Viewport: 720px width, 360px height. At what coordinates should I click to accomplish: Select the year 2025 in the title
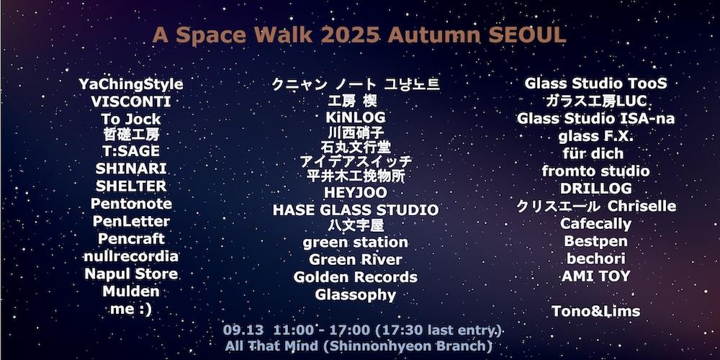tap(351, 35)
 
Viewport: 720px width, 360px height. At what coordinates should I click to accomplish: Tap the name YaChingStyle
tap(131, 85)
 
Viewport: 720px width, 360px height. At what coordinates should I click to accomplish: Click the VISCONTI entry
tap(131, 102)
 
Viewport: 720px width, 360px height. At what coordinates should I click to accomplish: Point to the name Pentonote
tap(131, 204)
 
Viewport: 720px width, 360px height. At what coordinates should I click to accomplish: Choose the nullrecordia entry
tap(131, 256)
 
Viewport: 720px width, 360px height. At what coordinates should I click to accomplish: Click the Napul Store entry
tap(131, 274)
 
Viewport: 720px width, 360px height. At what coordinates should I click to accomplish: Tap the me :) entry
tap(131, 309)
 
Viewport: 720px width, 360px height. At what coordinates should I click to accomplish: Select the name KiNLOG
tap(356, 117)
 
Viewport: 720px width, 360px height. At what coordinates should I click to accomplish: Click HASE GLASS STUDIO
tap(356, 210)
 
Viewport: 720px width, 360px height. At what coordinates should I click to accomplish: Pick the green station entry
tap(356, 242)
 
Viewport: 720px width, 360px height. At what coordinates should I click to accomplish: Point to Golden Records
tap(356, 277)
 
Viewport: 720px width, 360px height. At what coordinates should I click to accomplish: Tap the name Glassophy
tap(356, 294)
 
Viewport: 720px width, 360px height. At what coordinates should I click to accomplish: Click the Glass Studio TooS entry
tap(595, 83)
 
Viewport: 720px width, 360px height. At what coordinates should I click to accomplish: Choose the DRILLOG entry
tap(595, 188)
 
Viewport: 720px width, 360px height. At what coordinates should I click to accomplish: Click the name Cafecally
tap(595, 224)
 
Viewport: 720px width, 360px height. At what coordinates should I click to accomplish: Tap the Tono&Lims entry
tap(595, 311)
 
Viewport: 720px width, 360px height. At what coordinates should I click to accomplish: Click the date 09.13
tap(243, 330)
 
